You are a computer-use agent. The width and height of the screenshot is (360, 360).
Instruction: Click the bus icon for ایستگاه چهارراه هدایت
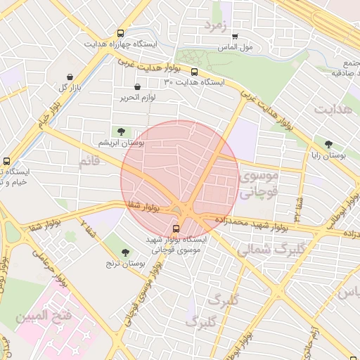[x=122, y=33]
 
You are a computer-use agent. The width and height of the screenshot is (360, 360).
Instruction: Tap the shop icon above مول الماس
[x=235, y=37]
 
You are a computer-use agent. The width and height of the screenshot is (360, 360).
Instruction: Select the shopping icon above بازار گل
[x=70, y=77]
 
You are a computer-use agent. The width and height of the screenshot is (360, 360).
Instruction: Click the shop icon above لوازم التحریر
[x=136, y=87]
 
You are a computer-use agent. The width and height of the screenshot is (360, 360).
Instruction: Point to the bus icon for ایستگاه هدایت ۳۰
[x=194, y=72]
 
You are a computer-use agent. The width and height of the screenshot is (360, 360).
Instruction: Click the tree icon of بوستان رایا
[x=328, y=144]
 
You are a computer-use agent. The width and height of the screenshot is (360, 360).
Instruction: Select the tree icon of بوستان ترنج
[x=126, y=252]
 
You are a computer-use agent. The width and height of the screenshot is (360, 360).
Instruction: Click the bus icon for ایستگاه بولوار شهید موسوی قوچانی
[x=176, y=228]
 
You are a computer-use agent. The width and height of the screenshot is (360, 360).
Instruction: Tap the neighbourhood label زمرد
[x=217, y=25]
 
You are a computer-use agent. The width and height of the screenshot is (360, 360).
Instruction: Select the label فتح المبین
[x=43, y=316]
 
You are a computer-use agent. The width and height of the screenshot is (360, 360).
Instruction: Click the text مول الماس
[x=236, y=48]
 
